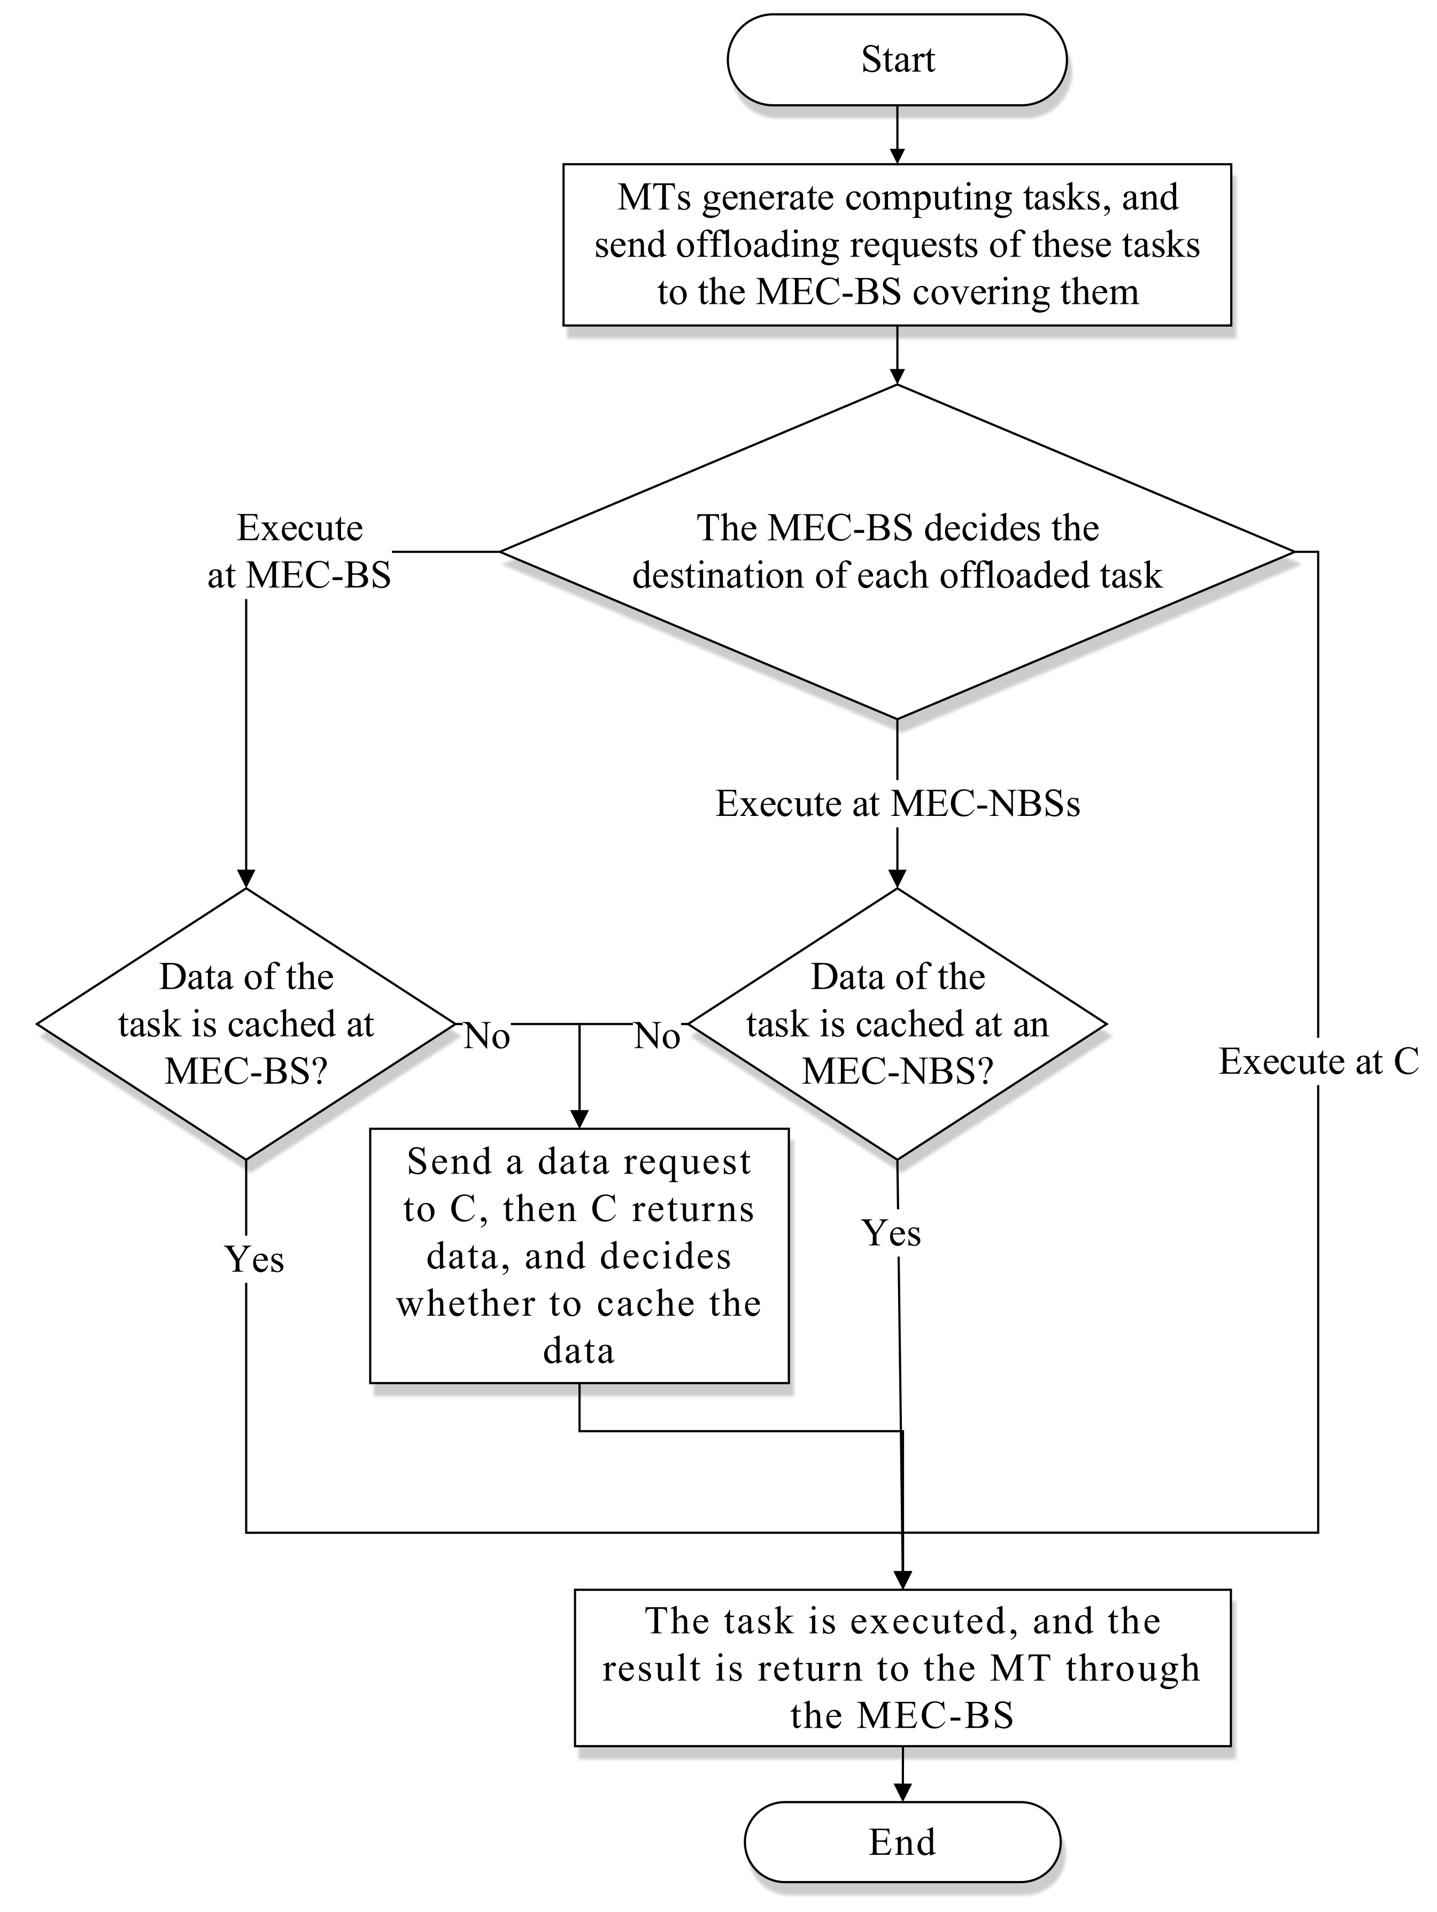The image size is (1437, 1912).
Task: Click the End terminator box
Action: [x=901, y=1842]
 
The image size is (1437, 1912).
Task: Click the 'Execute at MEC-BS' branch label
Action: [x=299, y=551]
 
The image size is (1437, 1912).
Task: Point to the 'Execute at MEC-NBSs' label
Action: [x=897, y=804]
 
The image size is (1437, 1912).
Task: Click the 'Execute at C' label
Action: [x=1318, y=1061]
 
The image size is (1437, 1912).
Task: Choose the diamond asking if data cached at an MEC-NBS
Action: [x=897, y=1024]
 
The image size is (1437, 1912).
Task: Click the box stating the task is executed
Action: [x=901, y=1667]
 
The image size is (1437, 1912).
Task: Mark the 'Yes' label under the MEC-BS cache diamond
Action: [x=254, y=1259]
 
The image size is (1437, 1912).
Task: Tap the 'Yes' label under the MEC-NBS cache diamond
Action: [x=891, y=1232]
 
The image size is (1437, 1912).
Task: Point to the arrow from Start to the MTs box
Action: [x=897, y=135]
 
